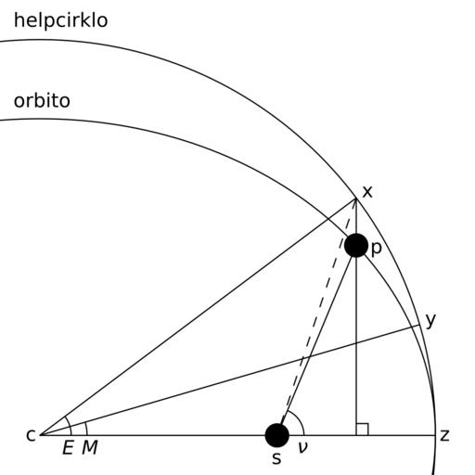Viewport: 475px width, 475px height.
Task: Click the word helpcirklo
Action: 61,20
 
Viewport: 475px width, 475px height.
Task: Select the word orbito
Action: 42,101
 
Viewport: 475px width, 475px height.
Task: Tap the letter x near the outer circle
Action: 367,192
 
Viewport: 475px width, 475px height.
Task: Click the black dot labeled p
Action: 356,245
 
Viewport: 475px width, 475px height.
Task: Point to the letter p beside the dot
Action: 376,248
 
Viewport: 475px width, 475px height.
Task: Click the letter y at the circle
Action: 430,320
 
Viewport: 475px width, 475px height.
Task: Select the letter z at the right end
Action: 444,435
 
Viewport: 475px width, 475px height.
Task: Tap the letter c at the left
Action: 31,435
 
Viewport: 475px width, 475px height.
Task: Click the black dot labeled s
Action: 277,435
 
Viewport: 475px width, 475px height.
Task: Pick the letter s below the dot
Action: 276,458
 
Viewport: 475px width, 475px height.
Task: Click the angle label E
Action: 68,447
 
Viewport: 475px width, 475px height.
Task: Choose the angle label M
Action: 90,447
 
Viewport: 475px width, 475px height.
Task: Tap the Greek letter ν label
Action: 302,447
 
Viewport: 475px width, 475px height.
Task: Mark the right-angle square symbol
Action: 362,430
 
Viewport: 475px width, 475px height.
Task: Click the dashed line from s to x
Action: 318,312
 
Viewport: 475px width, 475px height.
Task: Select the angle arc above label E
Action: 70,425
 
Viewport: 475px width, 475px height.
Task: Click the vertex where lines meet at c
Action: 41,435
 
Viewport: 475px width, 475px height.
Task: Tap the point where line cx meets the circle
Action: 356,199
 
